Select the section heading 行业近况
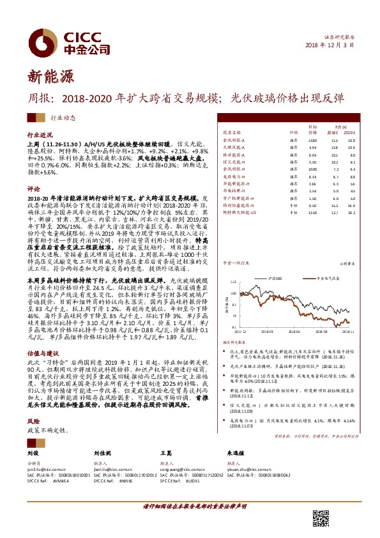[x=38, y=136]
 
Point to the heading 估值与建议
[x=43, y=352]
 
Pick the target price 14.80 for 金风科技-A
[x=312, y=139]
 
